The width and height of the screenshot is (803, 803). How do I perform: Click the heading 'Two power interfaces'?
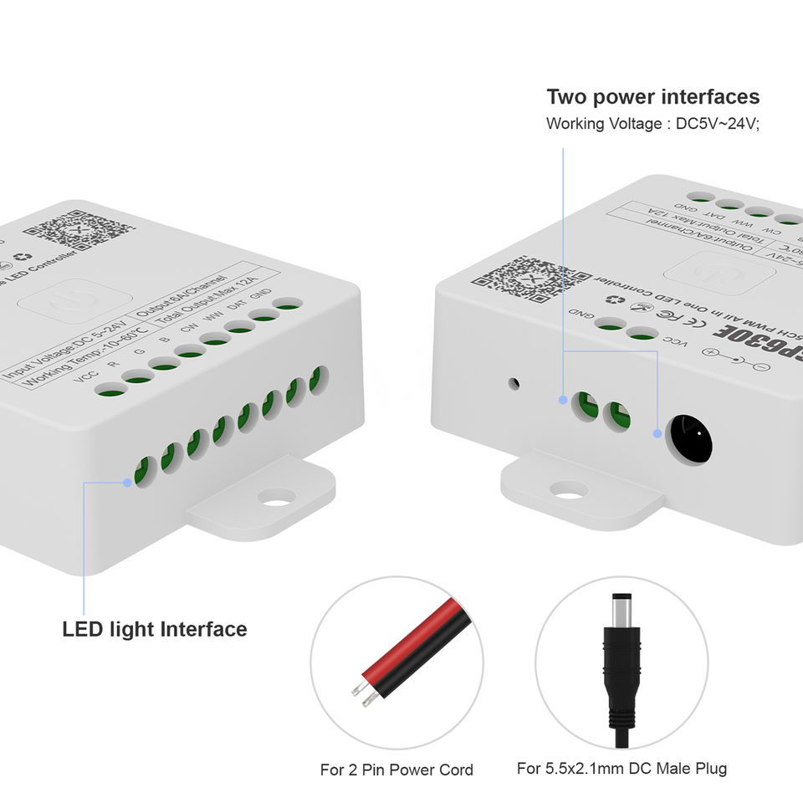coord(653,97)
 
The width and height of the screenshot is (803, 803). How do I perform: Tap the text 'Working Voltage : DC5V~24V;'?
coord(653,124)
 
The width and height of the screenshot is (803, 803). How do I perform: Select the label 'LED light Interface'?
coord(155,629)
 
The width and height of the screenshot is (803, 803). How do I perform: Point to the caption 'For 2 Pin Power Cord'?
coord(396,770)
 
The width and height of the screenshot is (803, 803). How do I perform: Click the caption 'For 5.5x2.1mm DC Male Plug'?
coord(621,768)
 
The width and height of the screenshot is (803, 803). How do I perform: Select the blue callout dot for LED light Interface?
coord(127,482)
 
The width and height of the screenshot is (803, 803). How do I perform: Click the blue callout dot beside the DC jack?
coord(657,433)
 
